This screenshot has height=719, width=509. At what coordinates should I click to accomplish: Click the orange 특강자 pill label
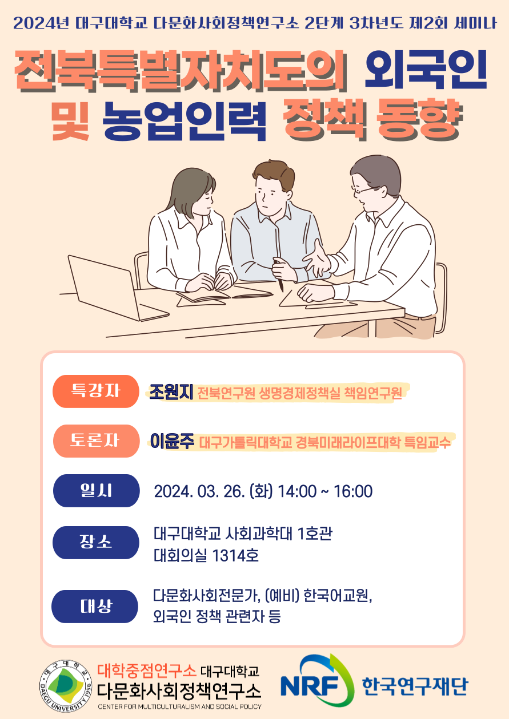(x=96, y=391)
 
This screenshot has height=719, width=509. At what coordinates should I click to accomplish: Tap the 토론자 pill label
(x=96, y=441)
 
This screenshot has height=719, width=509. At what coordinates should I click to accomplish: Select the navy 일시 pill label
(x=96, y=491)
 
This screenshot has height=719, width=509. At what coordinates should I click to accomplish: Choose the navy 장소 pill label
(x=96, y=543)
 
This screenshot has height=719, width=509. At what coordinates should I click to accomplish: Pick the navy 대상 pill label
(x=95, y=607)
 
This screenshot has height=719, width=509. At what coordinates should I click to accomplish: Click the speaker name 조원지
(x=171, y=392)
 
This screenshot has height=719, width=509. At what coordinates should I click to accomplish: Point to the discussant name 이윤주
(x=173, y=441)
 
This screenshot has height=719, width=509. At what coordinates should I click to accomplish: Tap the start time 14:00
(x=297, y=491)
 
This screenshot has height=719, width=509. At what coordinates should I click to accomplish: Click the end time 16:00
(x=353, y=491)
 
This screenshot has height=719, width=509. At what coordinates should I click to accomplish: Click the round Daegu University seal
(x=66, y=686)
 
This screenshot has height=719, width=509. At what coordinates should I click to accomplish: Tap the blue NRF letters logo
(x=310, y=686)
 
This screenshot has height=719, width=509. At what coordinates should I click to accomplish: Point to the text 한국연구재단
(x=415, y=686)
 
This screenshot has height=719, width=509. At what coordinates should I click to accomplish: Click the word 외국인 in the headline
(x=426, y=70)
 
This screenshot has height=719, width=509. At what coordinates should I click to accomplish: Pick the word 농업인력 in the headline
(x=184, y=122)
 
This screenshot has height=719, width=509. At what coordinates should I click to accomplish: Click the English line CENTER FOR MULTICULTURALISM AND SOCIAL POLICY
(x=179, y=706)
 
